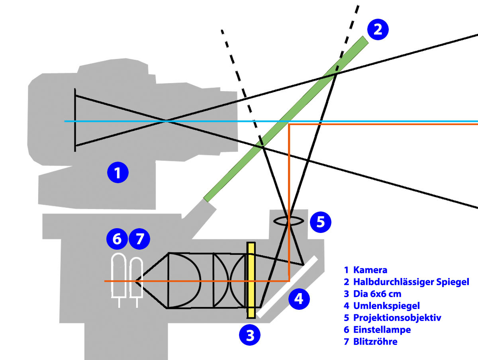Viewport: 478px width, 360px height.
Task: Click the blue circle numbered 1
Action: [117, 173]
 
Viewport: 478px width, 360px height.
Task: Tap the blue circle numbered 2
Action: [377, 29]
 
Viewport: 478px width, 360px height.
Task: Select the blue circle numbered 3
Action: [250, 336]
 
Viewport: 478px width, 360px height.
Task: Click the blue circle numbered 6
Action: [117, 239]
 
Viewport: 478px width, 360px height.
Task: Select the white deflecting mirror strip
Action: [288, 287]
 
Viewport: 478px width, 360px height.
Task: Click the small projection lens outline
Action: [290, 220]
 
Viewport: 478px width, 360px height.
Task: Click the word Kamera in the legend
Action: [370, 270]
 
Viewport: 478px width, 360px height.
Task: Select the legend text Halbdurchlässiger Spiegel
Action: [411, 282]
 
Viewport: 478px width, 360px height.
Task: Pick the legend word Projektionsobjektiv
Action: [397, 318]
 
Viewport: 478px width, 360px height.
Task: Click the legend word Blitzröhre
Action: [375, 342]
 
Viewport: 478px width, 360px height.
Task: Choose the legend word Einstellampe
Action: [382, 330]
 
